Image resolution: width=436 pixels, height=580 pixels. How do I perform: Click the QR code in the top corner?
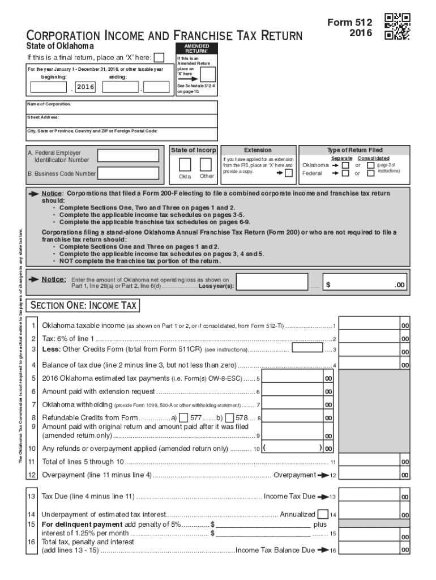[x=397, y=27]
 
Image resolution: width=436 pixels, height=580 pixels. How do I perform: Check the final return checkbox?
[x=160, y=57]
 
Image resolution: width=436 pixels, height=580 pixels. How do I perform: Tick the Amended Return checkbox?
[x=208, y=74]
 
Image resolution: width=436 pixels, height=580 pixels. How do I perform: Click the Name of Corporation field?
[x=122, y=108]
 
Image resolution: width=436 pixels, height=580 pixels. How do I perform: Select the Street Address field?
[x=122, y=121]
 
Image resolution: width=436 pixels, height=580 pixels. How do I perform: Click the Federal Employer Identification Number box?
[x=128, y=156]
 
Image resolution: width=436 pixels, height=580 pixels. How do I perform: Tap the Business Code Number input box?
[x=128, y=173]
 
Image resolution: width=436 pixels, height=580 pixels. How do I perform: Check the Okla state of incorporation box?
[x=185, y=164]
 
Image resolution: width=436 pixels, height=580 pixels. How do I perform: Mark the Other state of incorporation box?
[x=206, y=164]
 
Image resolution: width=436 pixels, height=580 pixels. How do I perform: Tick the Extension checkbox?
[x=289, y=173]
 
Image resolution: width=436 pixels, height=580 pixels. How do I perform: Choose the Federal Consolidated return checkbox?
[x=370, y=173]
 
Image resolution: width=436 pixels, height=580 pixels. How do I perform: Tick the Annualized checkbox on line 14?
[x=322, y=514]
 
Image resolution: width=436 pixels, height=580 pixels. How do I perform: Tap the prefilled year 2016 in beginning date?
[x=85, y=87]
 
